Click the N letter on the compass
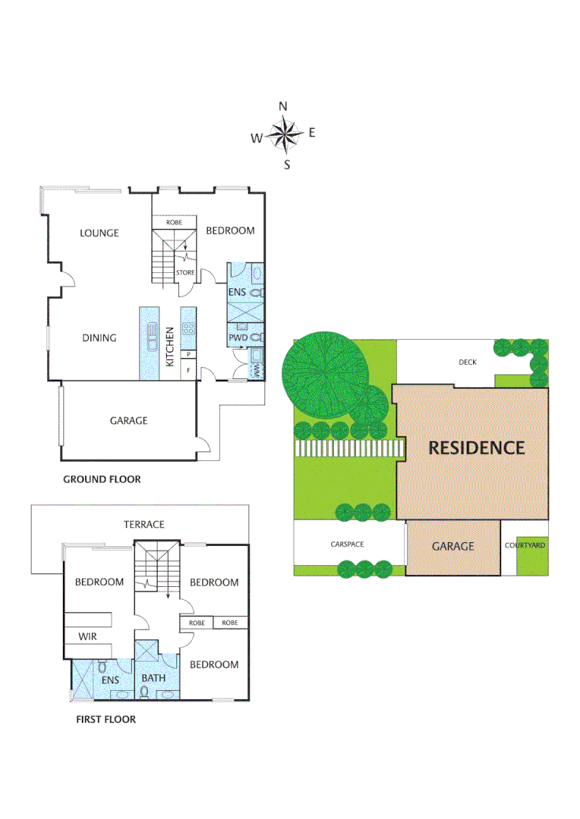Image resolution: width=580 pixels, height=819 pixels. coord(284,106)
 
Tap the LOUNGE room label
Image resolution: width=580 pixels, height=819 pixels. coord(99,233)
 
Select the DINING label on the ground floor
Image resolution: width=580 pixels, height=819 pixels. coord(99,337)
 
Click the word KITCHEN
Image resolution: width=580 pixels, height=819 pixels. coord(170,347)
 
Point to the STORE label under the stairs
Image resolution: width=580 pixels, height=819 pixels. coord(185,272)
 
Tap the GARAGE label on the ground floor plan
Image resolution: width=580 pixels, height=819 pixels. coord(128,420)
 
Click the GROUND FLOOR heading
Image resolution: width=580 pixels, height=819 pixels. coord(102,479)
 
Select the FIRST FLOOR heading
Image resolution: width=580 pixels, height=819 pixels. coord(106,719)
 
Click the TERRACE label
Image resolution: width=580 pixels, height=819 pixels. coord(144,524)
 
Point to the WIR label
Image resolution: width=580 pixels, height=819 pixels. coord(87,637)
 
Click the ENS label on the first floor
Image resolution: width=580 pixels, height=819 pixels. coord(111,680)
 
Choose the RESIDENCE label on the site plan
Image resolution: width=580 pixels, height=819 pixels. coord(476,447)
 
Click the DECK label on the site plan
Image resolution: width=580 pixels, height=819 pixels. coord(468,362)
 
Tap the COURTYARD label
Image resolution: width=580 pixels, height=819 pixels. coord(525,545)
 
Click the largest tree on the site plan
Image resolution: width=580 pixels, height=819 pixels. coord(326,371)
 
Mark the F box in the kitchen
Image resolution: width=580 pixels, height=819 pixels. coord(188,370)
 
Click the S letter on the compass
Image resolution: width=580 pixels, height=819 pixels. coord(287,165)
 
